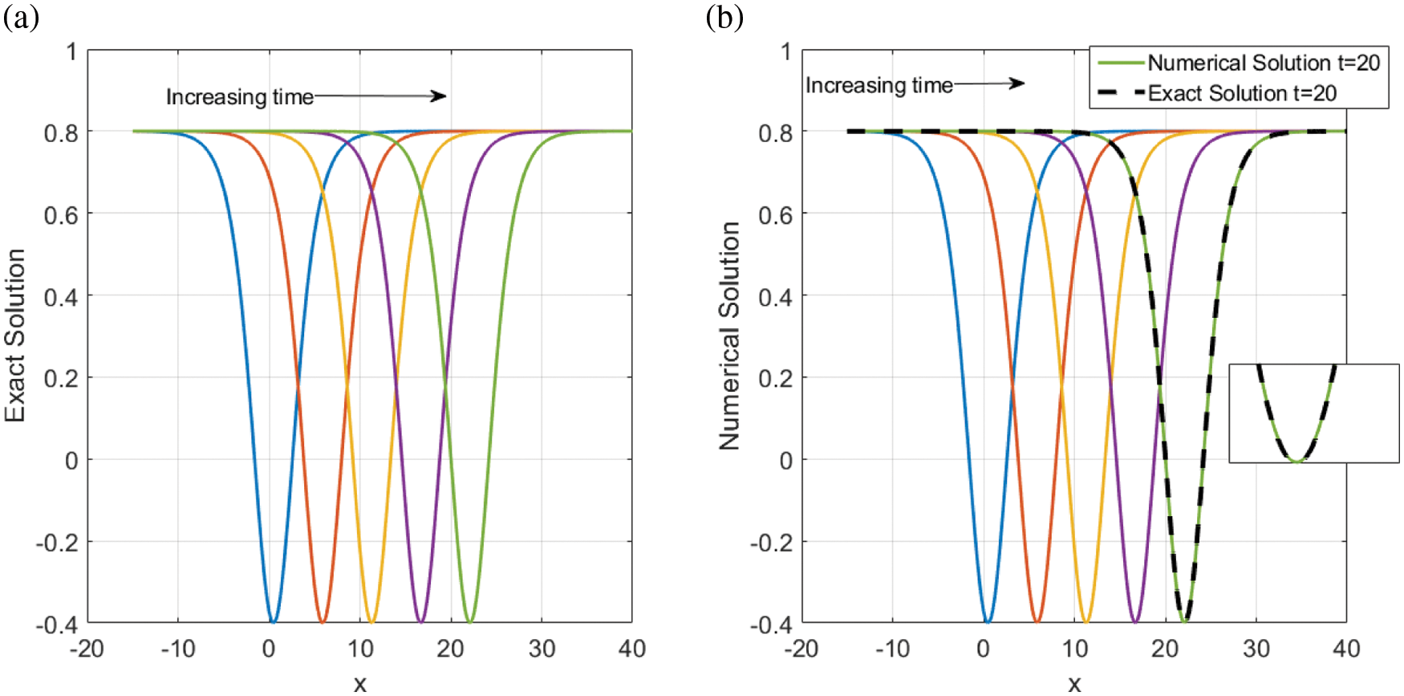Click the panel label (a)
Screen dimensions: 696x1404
[21, 17]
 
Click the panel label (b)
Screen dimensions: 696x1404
[724, 17]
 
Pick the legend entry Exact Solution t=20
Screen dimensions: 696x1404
[1241, 94]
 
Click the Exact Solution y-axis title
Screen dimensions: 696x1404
[15, 336]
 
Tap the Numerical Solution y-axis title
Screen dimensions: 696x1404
[729, 336]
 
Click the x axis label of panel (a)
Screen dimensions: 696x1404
[360, 683]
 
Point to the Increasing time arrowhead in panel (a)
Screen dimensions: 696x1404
[440, 96]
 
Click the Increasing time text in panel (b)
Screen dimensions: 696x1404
[879, 85]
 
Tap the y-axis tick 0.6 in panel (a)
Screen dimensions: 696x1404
[61, 214]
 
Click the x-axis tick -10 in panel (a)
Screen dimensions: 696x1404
[177, 649]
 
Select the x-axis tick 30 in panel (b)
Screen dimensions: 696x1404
[1256, 649]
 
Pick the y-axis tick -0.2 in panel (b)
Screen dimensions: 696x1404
[771, 543]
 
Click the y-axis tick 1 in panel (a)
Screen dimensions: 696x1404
[71, 52]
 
